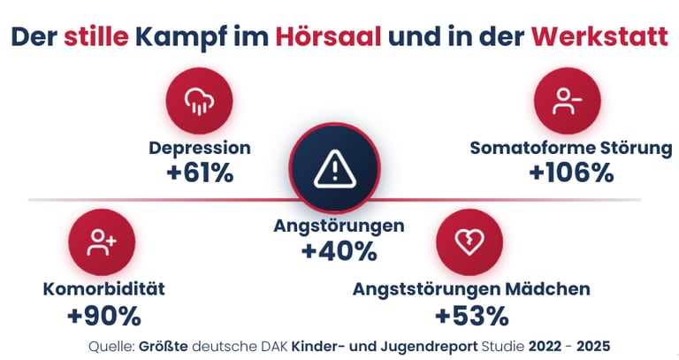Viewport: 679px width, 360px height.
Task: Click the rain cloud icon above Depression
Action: point(199,100)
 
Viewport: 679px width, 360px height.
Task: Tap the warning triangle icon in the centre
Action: point(333,167)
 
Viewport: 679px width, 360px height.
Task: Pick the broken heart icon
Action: point(469,241)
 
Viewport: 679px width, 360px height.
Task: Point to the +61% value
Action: point(200,172)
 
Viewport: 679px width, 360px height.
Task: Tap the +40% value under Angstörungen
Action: point(339,251)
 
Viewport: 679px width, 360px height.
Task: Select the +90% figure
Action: point(103,315)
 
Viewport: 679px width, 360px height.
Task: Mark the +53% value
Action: point(471,315)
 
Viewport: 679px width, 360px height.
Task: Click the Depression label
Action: point(200,148)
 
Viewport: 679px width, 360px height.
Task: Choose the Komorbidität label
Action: point(104,289)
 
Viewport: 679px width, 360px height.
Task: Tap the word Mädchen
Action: point(553,289)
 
